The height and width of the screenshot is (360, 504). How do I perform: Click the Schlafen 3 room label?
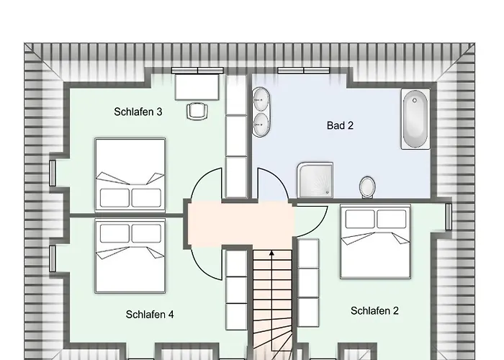tap(138, 112)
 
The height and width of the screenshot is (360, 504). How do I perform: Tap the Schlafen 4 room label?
tap(149, 314)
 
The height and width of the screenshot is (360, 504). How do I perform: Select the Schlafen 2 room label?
tap(374, 311)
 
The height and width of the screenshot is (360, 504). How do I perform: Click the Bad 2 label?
tap(340, 125)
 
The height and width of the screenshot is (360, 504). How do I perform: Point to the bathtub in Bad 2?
tap(415, 119)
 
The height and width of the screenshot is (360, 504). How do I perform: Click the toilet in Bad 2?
tap(367, 186)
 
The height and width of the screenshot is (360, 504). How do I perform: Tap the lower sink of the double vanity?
tap(260, 124)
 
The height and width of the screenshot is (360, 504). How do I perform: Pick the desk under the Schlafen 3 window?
tap(197, 86)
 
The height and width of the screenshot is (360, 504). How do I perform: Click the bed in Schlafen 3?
tap(130, 174)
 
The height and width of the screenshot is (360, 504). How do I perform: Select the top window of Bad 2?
tap(302, 71)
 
